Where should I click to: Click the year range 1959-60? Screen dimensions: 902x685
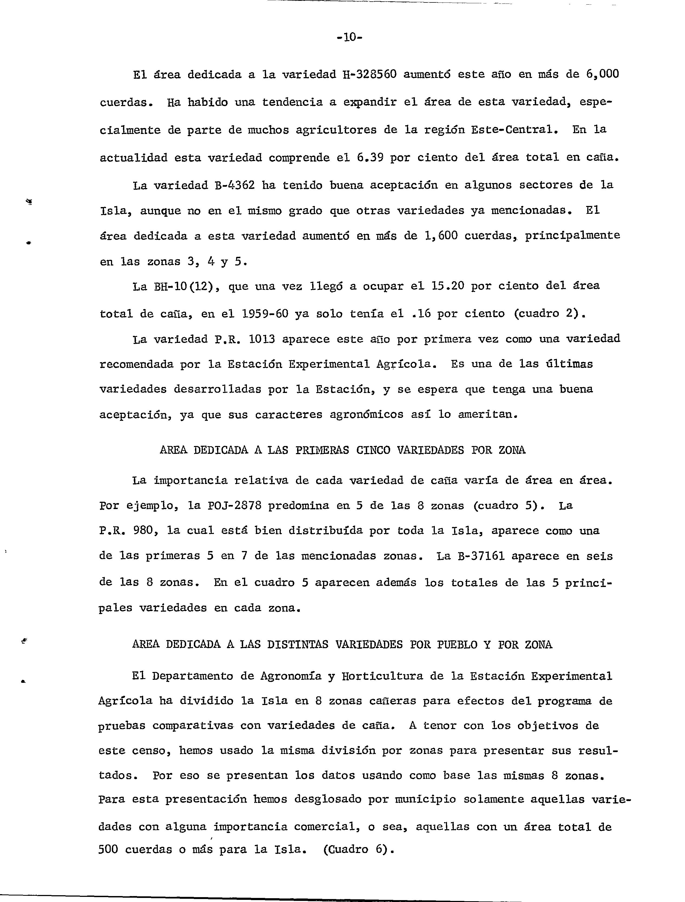click(x=265, y=314)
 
